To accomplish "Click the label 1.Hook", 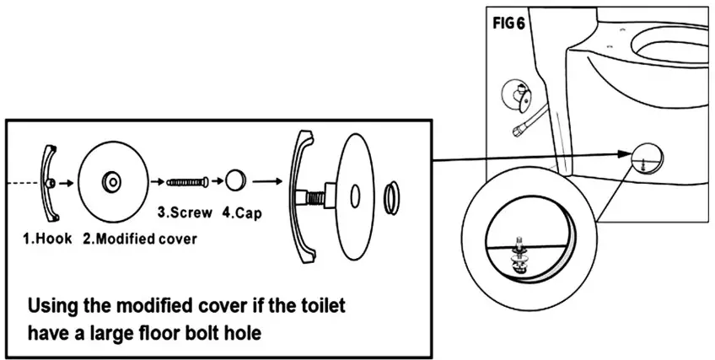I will tap(47, 238).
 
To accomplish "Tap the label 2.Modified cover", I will tap(140, 238).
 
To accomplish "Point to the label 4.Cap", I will tap(242, 212).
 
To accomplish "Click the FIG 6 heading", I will tap(508, 23).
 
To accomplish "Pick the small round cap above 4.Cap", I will tap(234, 180).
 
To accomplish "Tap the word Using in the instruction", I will tap(55, 305).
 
